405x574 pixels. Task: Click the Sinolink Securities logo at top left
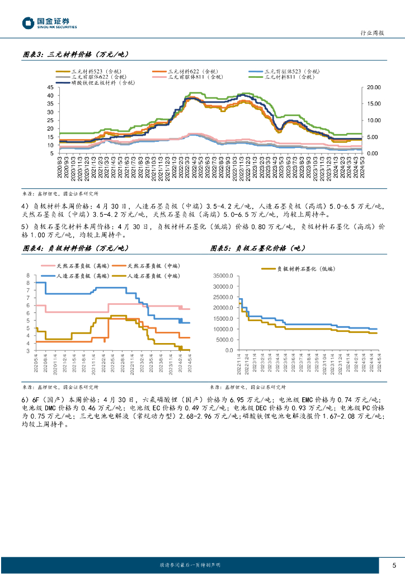point(49,23)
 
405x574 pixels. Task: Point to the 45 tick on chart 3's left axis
point(50,87)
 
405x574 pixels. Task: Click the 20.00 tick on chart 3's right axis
point(373,87)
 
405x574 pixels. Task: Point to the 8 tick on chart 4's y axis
point(28,276)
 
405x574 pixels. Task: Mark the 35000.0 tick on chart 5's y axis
point(222,276)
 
